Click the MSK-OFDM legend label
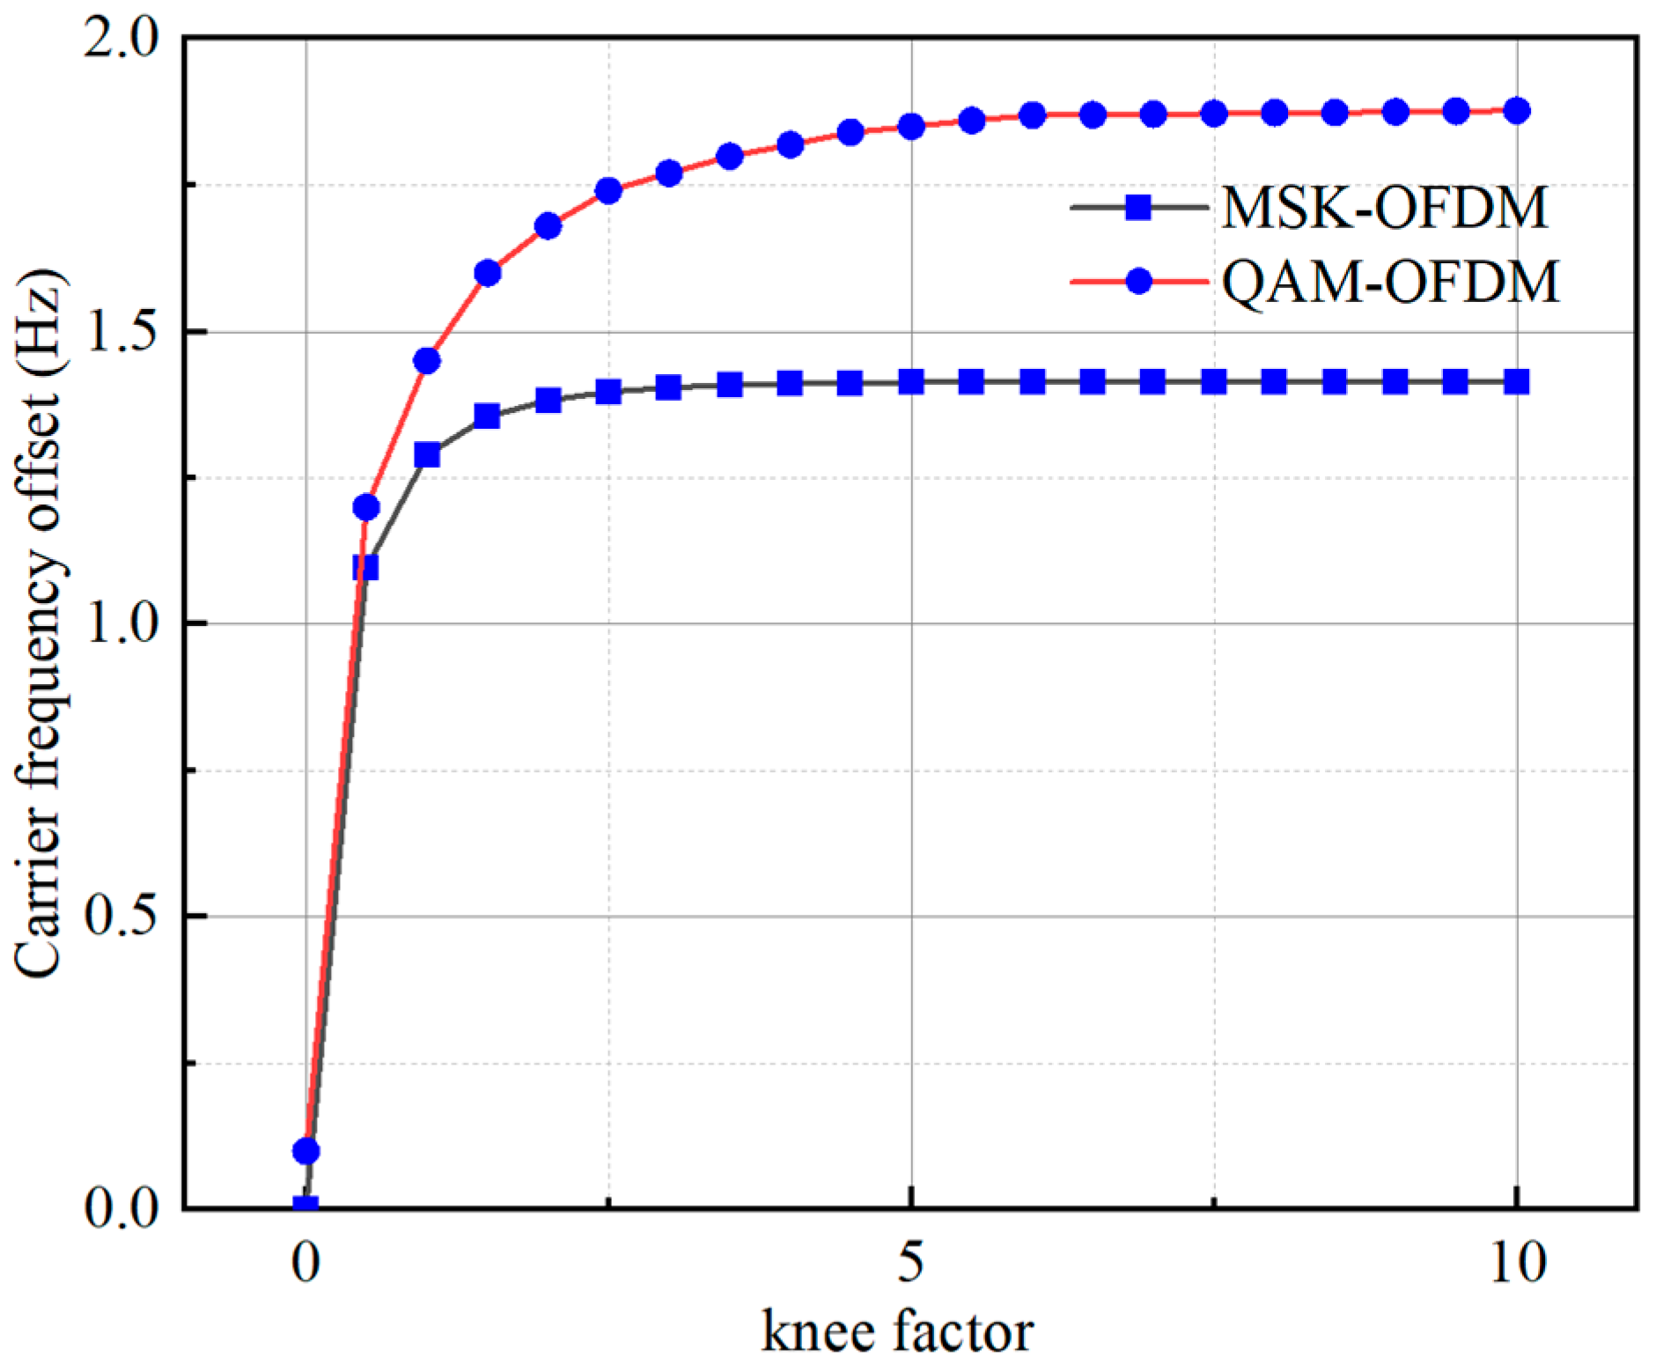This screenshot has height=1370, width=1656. tap(1384, 209)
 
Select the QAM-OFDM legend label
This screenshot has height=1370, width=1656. tap(1389, 283)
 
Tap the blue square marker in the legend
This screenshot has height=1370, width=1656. tap(1138, 208)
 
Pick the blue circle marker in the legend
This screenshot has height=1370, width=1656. tap(1138, 282)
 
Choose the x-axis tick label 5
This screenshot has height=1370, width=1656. tap(911, 1263)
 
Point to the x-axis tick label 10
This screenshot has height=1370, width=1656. tap(1517, 1263)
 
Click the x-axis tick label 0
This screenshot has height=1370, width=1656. tap(305, 1263)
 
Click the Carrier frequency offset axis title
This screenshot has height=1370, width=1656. tap(40, 622)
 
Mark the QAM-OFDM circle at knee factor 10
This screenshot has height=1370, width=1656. tap(1516, 111)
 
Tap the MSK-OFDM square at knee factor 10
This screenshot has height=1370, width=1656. tap(1516, 382)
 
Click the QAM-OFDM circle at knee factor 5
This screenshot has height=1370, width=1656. tap(911, 127)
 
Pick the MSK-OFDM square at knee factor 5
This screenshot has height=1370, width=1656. tap(911, 382)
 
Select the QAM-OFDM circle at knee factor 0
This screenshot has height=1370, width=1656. tap(305, 1151)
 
